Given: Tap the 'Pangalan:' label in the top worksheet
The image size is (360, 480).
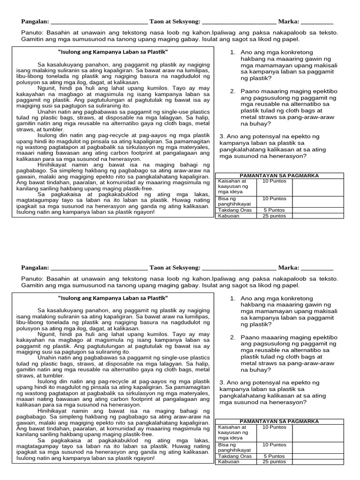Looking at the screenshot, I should pos(35,22).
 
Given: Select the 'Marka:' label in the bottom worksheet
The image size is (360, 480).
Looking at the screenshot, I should pos(288,268).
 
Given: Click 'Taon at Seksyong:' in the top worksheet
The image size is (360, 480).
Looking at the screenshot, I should pos(174,22).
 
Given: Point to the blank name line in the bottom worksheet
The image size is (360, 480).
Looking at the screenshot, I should pos(98,268).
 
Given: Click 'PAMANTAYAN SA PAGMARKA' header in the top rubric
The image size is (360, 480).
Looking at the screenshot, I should pos(279,175).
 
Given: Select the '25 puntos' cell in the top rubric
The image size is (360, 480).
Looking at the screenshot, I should pos(274,216).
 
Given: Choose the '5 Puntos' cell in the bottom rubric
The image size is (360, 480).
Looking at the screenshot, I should pos(274,456).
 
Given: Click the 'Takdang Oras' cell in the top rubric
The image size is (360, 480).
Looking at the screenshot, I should pos(235,210).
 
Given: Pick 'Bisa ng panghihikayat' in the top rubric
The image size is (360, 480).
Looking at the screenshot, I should pos(235,201).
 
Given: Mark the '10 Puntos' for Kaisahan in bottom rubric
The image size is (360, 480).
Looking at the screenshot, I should pos(274,427).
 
